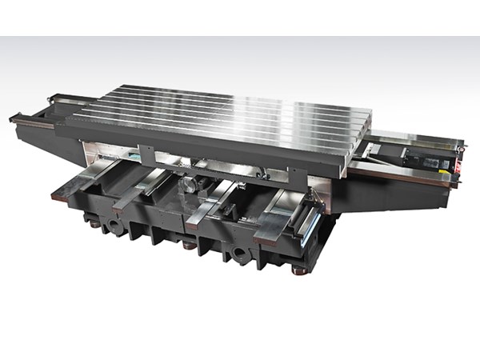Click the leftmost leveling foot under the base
click(95, 225)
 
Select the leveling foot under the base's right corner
click(302, 271)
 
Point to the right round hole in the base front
click(238, 258)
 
